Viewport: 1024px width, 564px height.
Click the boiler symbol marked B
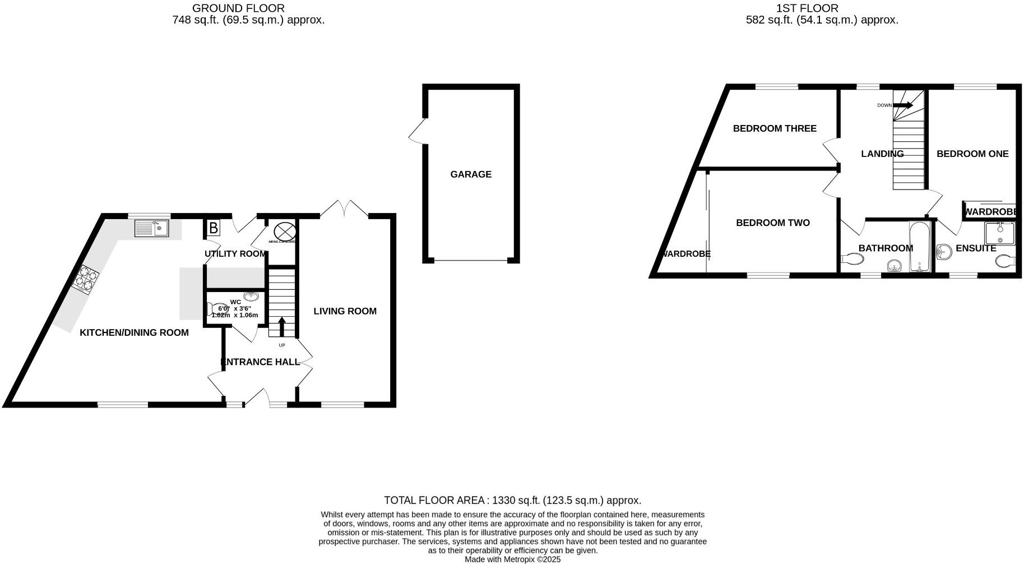(213, 228)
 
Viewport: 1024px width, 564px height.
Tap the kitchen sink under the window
(151, 228)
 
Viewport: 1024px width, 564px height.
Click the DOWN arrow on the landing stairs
(902, 105)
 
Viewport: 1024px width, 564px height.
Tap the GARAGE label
(471, 174)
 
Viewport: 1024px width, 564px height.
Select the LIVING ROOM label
(345, 311)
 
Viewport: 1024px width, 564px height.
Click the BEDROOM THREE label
(775, 128)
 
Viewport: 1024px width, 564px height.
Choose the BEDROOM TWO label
(772, 223)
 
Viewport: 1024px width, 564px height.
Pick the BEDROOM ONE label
(972, 154)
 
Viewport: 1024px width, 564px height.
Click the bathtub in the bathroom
(920, 247)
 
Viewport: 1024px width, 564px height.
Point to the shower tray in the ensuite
(999, 233)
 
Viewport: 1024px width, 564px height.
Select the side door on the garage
(418, 132)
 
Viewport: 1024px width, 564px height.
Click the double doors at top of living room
(344, 209)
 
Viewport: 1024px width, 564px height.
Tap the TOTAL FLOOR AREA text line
(512, 500)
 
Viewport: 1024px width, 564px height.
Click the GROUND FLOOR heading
(238, 8)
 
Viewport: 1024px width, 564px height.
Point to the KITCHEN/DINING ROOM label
(134, 332)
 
